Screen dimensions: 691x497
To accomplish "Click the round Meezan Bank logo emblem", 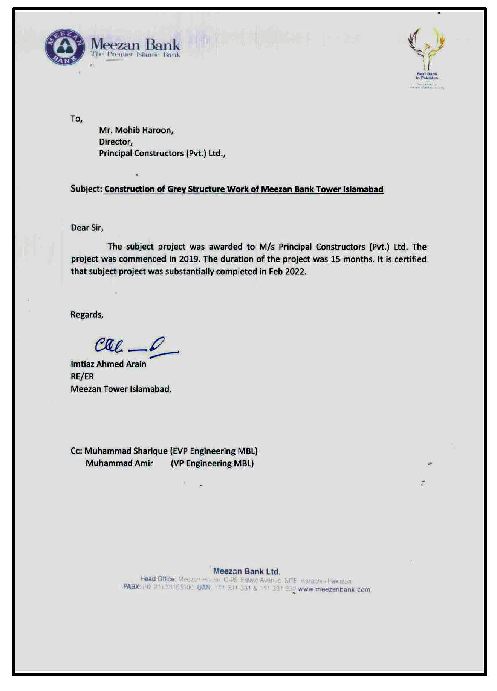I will (65, 47).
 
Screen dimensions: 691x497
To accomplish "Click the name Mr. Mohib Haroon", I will (136, 130).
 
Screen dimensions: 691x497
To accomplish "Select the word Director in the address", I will (115, 142).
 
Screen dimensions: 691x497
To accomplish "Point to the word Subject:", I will (86, 189).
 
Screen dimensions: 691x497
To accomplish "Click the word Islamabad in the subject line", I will (363, 189).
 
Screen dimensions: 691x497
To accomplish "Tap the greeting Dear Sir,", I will (87, 228).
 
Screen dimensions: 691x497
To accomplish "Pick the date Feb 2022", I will (287, 271).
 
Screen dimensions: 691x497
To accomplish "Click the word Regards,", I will (87, 315).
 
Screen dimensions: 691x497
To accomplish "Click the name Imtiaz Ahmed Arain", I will (108, 364).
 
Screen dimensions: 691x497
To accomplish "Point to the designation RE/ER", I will (82, 376).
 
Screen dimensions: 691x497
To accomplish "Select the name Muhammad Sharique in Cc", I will (126, 451).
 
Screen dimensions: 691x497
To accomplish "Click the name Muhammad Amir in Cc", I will (119, 463).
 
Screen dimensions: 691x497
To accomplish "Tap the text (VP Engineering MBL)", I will (212, 463).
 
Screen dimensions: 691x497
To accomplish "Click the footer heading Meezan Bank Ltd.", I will (246, 571).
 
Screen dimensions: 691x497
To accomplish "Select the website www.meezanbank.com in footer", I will (334, 590).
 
